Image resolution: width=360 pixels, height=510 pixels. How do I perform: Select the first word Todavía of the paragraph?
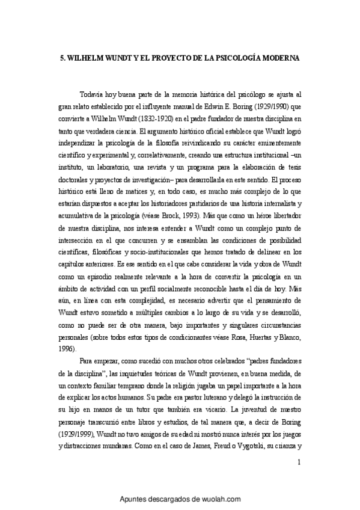(x=91, y=94)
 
